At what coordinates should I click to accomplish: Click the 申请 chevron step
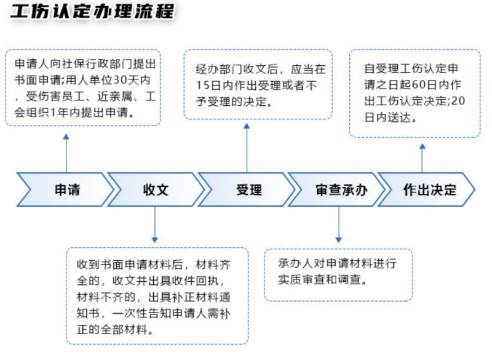pos(66,190)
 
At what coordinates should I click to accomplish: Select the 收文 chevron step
pos(156,190)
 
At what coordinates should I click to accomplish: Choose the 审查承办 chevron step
pos(336,190)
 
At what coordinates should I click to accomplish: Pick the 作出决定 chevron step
pos(427,190)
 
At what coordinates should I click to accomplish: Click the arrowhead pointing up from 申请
pos(66,137)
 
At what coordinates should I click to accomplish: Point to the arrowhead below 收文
pos(155,240)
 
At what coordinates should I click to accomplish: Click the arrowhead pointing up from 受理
pos(247,126)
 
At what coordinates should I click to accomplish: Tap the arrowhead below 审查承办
pos(339,240)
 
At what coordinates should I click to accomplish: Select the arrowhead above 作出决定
pos(423,146)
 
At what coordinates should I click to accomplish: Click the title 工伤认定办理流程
pos(93,12)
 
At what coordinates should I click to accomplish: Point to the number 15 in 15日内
pos(204,86)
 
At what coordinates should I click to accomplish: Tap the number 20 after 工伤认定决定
pos(458,101)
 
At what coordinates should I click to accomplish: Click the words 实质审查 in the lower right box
pos(302,279)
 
